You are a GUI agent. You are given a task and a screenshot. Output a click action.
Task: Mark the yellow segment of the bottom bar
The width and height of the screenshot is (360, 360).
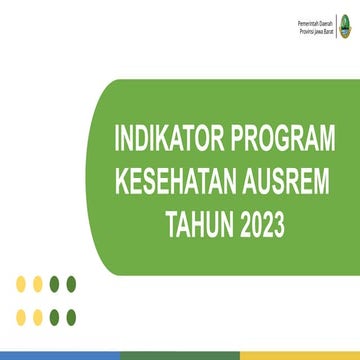(x=300, y=355)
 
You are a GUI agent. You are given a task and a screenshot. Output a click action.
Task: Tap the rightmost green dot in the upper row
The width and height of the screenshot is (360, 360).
(x=70, y=284)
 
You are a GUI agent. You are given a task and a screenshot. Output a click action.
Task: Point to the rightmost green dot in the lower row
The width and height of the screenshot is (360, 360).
(x=70, y=316)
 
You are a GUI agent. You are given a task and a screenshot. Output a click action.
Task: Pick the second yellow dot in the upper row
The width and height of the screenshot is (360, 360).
(x=38, y=284)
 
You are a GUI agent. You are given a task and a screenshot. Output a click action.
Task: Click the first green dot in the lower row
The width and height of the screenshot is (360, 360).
(x=54, y=316)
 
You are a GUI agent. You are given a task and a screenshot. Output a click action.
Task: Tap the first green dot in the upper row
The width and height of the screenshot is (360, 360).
(x=54, y=284)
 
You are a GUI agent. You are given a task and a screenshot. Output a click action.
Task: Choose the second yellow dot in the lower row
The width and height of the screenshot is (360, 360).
(x=38, y=316)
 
